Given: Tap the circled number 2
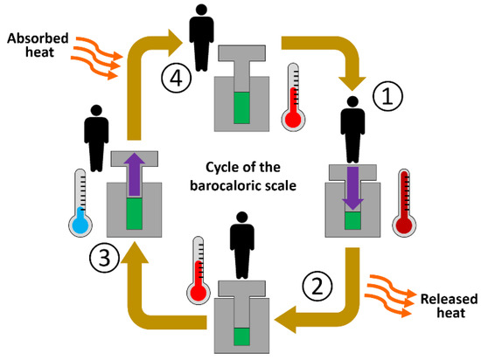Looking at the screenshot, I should pos(317,285).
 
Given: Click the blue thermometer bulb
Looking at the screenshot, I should pos(80,224).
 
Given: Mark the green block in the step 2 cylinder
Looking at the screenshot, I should pos(240,336).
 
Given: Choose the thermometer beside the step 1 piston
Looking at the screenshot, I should pos(405,204).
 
